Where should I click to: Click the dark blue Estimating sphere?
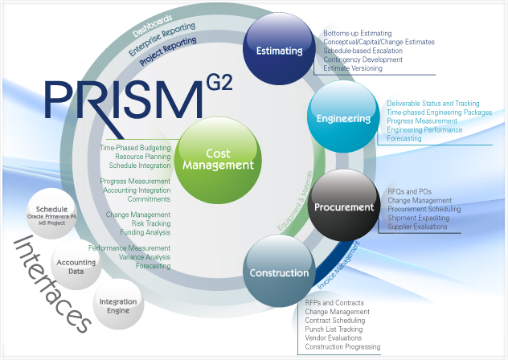tap(279, 49)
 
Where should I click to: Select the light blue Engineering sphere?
tap(343, 117)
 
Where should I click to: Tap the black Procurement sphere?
tap(344, 206)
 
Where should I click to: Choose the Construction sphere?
tap(279, 272)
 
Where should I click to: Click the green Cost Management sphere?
tap(218, 160)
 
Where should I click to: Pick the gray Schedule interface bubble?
tap(51, 214)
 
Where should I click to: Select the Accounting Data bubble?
tap(76, 264)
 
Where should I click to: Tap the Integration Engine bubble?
tap(118, 305)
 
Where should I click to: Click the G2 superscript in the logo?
tap(219, 82)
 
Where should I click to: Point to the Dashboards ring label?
tap(152, 25)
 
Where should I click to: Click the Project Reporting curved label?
tap(168, 51)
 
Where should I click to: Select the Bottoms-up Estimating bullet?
tap(358, 34)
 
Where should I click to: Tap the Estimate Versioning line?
tap(353, 68)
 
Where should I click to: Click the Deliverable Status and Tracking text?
tap(433, 104)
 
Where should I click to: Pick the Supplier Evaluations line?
tap(417, 227)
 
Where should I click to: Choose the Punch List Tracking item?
tap(334, 329)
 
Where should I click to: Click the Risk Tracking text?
tap(151, 223)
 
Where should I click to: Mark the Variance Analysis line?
tap(145, 257)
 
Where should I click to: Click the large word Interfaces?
tap(51, 284)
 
